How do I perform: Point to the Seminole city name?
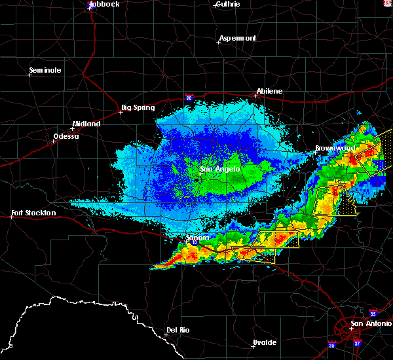(45, 70)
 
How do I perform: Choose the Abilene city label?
(270, 91)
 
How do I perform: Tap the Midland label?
(86, 124)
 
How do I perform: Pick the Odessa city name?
(65, 136)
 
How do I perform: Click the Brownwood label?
(335, 148)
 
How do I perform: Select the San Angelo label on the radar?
(220, 169)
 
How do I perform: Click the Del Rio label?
(178, 330)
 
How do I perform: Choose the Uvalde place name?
(265, 342)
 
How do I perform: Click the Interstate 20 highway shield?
(189, 98)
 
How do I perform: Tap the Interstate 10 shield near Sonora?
(196, 243)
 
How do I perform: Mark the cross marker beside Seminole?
(29, 75)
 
